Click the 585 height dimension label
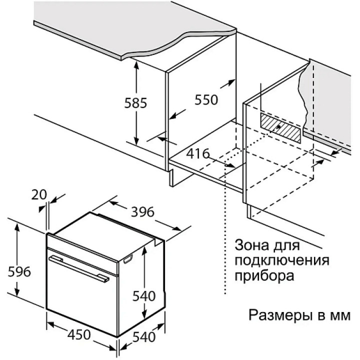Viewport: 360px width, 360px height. click(x=135, y=103)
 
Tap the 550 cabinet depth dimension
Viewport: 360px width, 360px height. click(x=206, y=100)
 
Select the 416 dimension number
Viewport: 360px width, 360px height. click(x=197, y=153)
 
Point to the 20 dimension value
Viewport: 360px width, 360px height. click(x=39, y=194)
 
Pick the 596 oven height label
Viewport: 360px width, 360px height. click(x=19, y=271)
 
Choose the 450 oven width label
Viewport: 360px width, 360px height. click(x=79, y=334)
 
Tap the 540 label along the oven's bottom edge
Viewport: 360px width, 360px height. click(x=144, y=337)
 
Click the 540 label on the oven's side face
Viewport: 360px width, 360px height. click(x=144, y=296)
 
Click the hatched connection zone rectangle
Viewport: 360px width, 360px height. click(x=280, y=127)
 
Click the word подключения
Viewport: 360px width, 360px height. click(x=282, y=260)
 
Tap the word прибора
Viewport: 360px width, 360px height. click(x=264, y=275)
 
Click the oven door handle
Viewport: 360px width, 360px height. click(x=79, y=268)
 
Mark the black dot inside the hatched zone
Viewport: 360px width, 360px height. click(x=278, y=126)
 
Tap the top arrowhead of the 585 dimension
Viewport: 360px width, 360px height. click(x=136, y=65)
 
